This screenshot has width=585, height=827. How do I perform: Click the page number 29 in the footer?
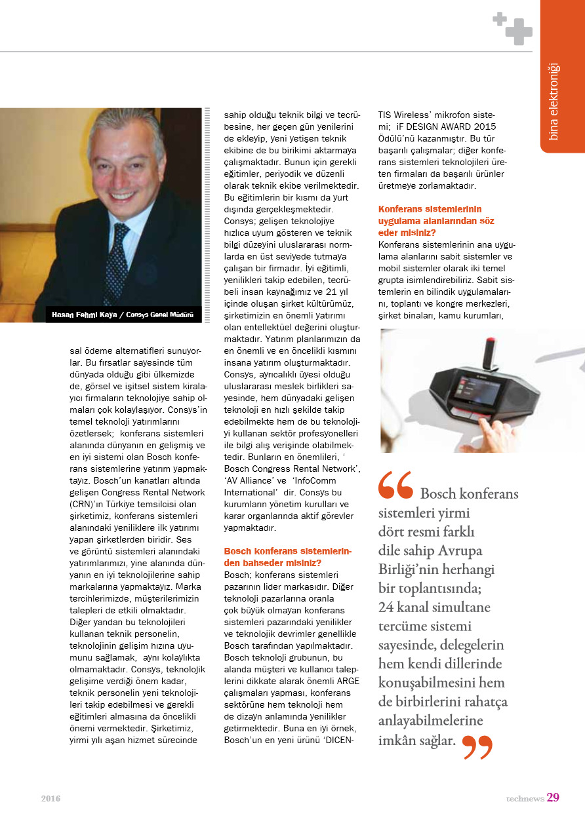point(552,798)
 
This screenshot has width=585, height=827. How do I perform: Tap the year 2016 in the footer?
point(50,798)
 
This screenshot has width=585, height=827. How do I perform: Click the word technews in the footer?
point(524,798)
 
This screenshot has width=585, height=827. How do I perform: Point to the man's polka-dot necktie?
point(117,261)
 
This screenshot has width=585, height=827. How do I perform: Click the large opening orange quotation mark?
point(395,485)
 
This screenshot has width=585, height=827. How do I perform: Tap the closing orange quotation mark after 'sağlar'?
point(477,746)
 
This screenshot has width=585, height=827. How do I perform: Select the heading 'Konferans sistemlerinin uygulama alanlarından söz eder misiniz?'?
point(436,220)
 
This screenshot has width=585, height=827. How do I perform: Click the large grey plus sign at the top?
point(518,31)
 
